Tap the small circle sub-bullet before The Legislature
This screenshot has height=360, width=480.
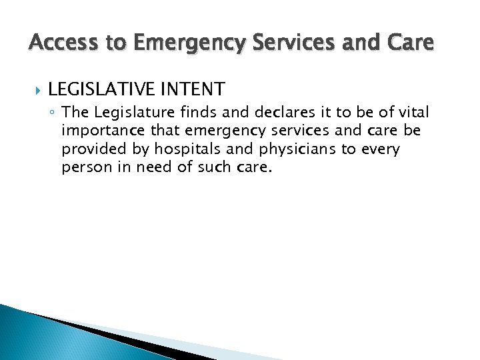click(x=53, y=112)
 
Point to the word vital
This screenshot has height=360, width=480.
click(x=413, y=111)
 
